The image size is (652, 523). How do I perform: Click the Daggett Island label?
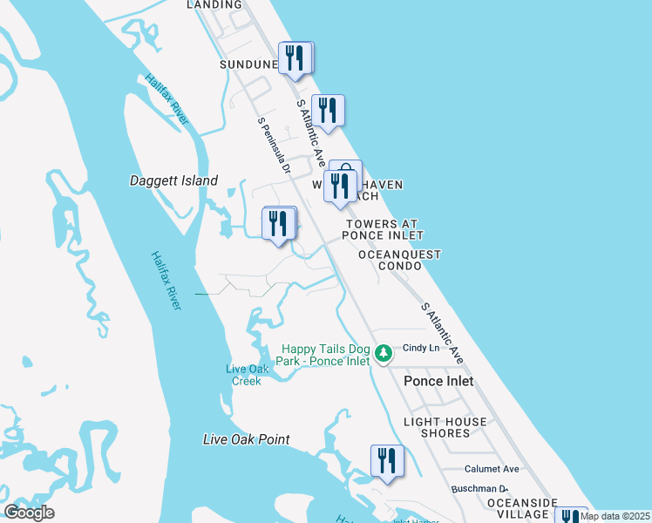(x=173, y=181)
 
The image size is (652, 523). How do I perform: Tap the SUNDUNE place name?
(x=248, y=65)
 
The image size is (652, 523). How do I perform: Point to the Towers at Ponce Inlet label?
(x=383, y=229)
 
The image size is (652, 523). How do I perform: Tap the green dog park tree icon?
(x=384, y=355)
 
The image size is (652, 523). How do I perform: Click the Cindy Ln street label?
(x=418, y=349)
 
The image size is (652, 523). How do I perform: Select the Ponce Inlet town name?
(x=438, y=381)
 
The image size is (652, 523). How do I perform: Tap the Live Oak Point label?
(x=246, y=439)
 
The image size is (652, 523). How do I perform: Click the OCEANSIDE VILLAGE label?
(x=522, y=508)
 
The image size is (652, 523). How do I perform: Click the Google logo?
(x=30, y=512)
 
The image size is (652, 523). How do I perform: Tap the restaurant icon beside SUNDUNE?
(x=295, y=58)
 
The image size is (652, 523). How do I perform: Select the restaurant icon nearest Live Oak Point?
(x=387, y=461)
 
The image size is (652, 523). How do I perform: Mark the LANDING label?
(x=215, y=4)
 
